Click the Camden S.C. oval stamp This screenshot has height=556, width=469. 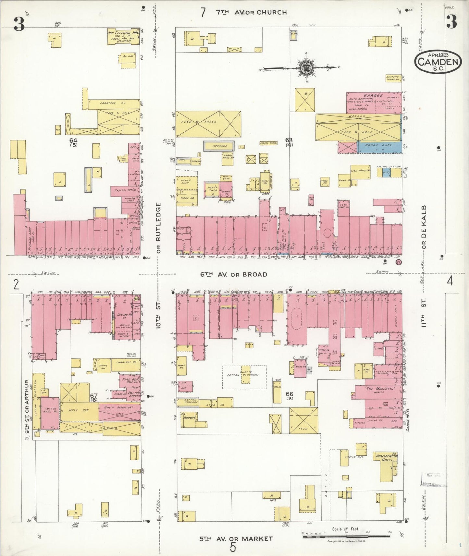(x=438, y=62)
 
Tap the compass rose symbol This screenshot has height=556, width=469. (x=305, y=68)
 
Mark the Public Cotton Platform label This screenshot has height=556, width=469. (x=244, y=373)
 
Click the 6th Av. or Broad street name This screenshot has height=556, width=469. (x=233, y=274)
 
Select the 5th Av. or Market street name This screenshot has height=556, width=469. (x=236, y=539)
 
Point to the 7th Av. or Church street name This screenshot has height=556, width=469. (x=251, y=12)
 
